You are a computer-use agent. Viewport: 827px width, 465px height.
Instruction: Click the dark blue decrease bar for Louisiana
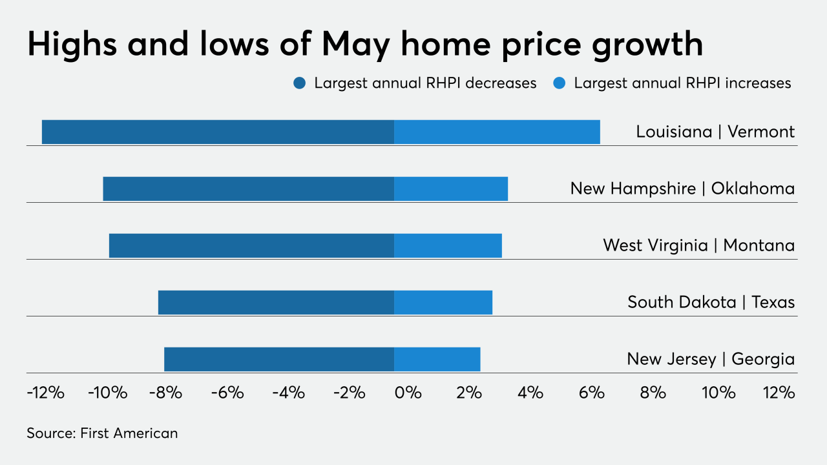click(x=218, y=132)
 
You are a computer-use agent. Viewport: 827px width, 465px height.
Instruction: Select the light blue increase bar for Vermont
click(x=497, y=132)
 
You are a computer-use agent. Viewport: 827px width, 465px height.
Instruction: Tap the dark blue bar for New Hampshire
click(x=248, y=189)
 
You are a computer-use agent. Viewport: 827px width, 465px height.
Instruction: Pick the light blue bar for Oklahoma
click(x=451, y=189)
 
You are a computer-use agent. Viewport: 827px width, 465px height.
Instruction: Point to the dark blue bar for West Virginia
click(x=251, y=245)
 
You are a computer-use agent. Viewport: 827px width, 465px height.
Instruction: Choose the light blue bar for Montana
click(x=448, y=245)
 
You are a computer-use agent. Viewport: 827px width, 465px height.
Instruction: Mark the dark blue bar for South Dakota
click(x=276, y=302)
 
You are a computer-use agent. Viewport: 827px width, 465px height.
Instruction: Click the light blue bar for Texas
click(x=443, y=302)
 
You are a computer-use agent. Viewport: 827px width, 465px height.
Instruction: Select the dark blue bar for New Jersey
click(x=279, y=359)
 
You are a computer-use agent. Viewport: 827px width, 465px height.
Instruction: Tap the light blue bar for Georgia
click(x=437, y=359)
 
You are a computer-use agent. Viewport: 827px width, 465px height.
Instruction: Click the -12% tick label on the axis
click(x=46, y=392)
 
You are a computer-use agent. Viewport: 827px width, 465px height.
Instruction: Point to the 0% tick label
click(x=408, y=392)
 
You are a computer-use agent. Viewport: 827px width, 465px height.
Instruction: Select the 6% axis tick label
click(x=592, y=392)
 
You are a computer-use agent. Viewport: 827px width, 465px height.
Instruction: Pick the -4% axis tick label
click(x=288, y=392)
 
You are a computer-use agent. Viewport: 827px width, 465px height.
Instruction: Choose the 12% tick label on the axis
click(x=778, y=392)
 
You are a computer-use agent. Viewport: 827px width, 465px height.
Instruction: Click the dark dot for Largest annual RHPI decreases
click(x=299, y=83)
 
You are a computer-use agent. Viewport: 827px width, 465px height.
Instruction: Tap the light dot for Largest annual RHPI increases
click(x=559, y=83)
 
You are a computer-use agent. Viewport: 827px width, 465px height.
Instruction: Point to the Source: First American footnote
click(x=102, y=433)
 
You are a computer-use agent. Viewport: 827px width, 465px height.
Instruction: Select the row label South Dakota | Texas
click(x=711, y=302)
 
